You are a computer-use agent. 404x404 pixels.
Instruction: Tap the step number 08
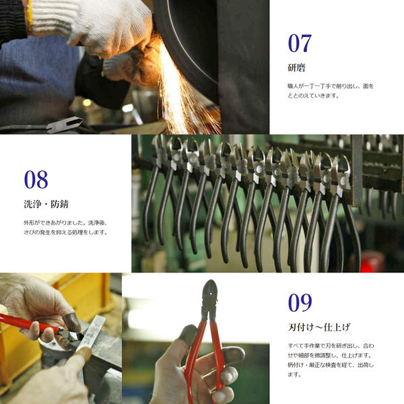click(36, 179)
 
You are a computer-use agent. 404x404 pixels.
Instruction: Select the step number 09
click(300, 302)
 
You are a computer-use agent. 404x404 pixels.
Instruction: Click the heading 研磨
click(296, 67)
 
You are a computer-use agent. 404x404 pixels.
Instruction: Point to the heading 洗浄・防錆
click(45, 203)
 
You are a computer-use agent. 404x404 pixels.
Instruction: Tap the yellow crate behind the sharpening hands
click(88, 296)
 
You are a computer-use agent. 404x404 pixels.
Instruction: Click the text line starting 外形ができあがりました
click(65, 222)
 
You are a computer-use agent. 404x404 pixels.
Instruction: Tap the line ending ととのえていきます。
click(314, 96)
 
